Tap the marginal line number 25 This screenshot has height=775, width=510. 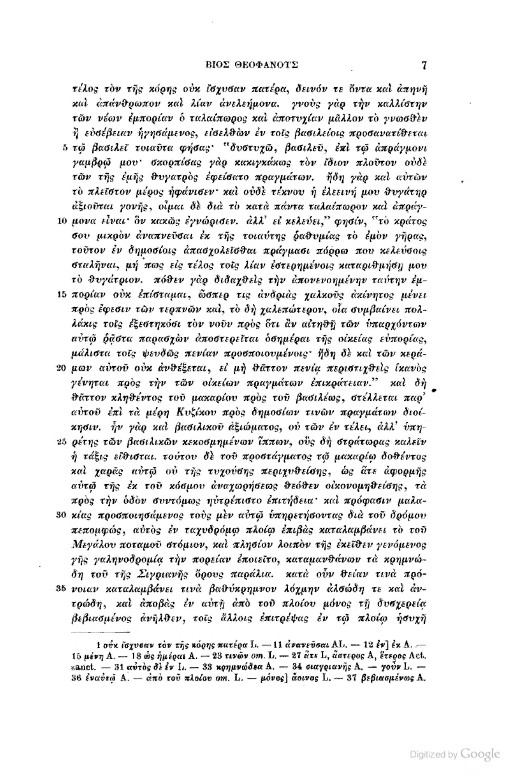point(62,442)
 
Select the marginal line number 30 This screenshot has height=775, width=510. point(62,515)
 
